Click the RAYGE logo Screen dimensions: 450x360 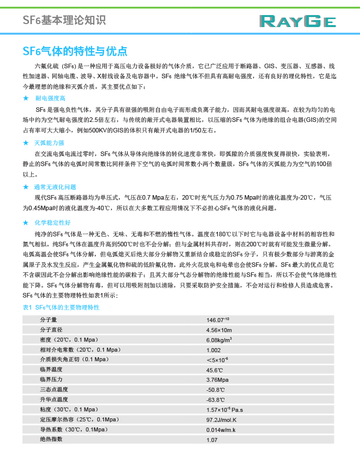pos(298,21)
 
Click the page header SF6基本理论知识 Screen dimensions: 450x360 pos(64,21)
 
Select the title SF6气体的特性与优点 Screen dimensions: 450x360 pos(75,51)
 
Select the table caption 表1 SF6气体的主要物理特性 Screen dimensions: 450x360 pos(61,307)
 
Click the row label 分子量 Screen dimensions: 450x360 pos(48,320)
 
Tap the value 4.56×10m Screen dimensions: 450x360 pos(219,330)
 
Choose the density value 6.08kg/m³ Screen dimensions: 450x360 pos(219,340)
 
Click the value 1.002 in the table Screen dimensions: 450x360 pos(213,350)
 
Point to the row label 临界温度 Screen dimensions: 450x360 pos(51,369)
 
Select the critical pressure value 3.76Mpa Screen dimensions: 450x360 pos(217,379)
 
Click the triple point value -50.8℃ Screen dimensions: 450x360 pos(215,389)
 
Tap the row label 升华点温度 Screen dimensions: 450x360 pos(54,399)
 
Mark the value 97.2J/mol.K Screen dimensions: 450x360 pos(221,419)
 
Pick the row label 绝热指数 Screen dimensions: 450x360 pos(51,439)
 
